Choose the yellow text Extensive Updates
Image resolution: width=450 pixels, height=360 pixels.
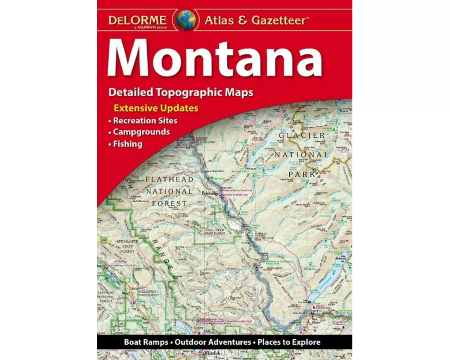tap(156, 108)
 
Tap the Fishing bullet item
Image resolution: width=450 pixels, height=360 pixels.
tap(128, 144)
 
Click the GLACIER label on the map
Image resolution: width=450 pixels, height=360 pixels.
tap(301, 135)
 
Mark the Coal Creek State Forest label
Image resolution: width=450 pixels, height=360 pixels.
tap(228, 232)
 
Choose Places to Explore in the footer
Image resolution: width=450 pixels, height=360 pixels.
tap(289, 342)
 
